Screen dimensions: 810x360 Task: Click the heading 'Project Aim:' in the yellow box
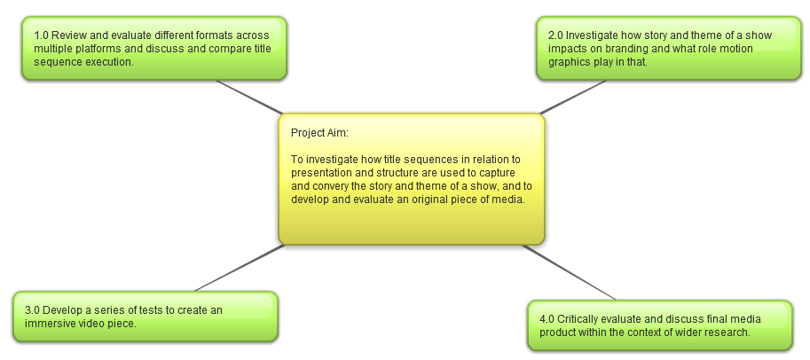(319, 133)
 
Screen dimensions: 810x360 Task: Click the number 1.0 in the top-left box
(42, 35)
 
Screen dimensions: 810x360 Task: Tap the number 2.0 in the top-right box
(556, 35)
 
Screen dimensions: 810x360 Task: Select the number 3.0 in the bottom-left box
(32, 310)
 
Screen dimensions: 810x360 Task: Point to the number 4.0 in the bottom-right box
(547, 319)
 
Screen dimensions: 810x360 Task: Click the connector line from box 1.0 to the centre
(250, 98)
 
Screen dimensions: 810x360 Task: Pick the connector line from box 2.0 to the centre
(572, 98)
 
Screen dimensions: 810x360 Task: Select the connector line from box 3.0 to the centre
(240, 268)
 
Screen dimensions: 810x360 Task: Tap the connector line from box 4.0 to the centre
(569, 272)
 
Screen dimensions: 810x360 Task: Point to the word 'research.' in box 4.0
(729, 333)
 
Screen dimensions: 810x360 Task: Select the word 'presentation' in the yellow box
(318, 173)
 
